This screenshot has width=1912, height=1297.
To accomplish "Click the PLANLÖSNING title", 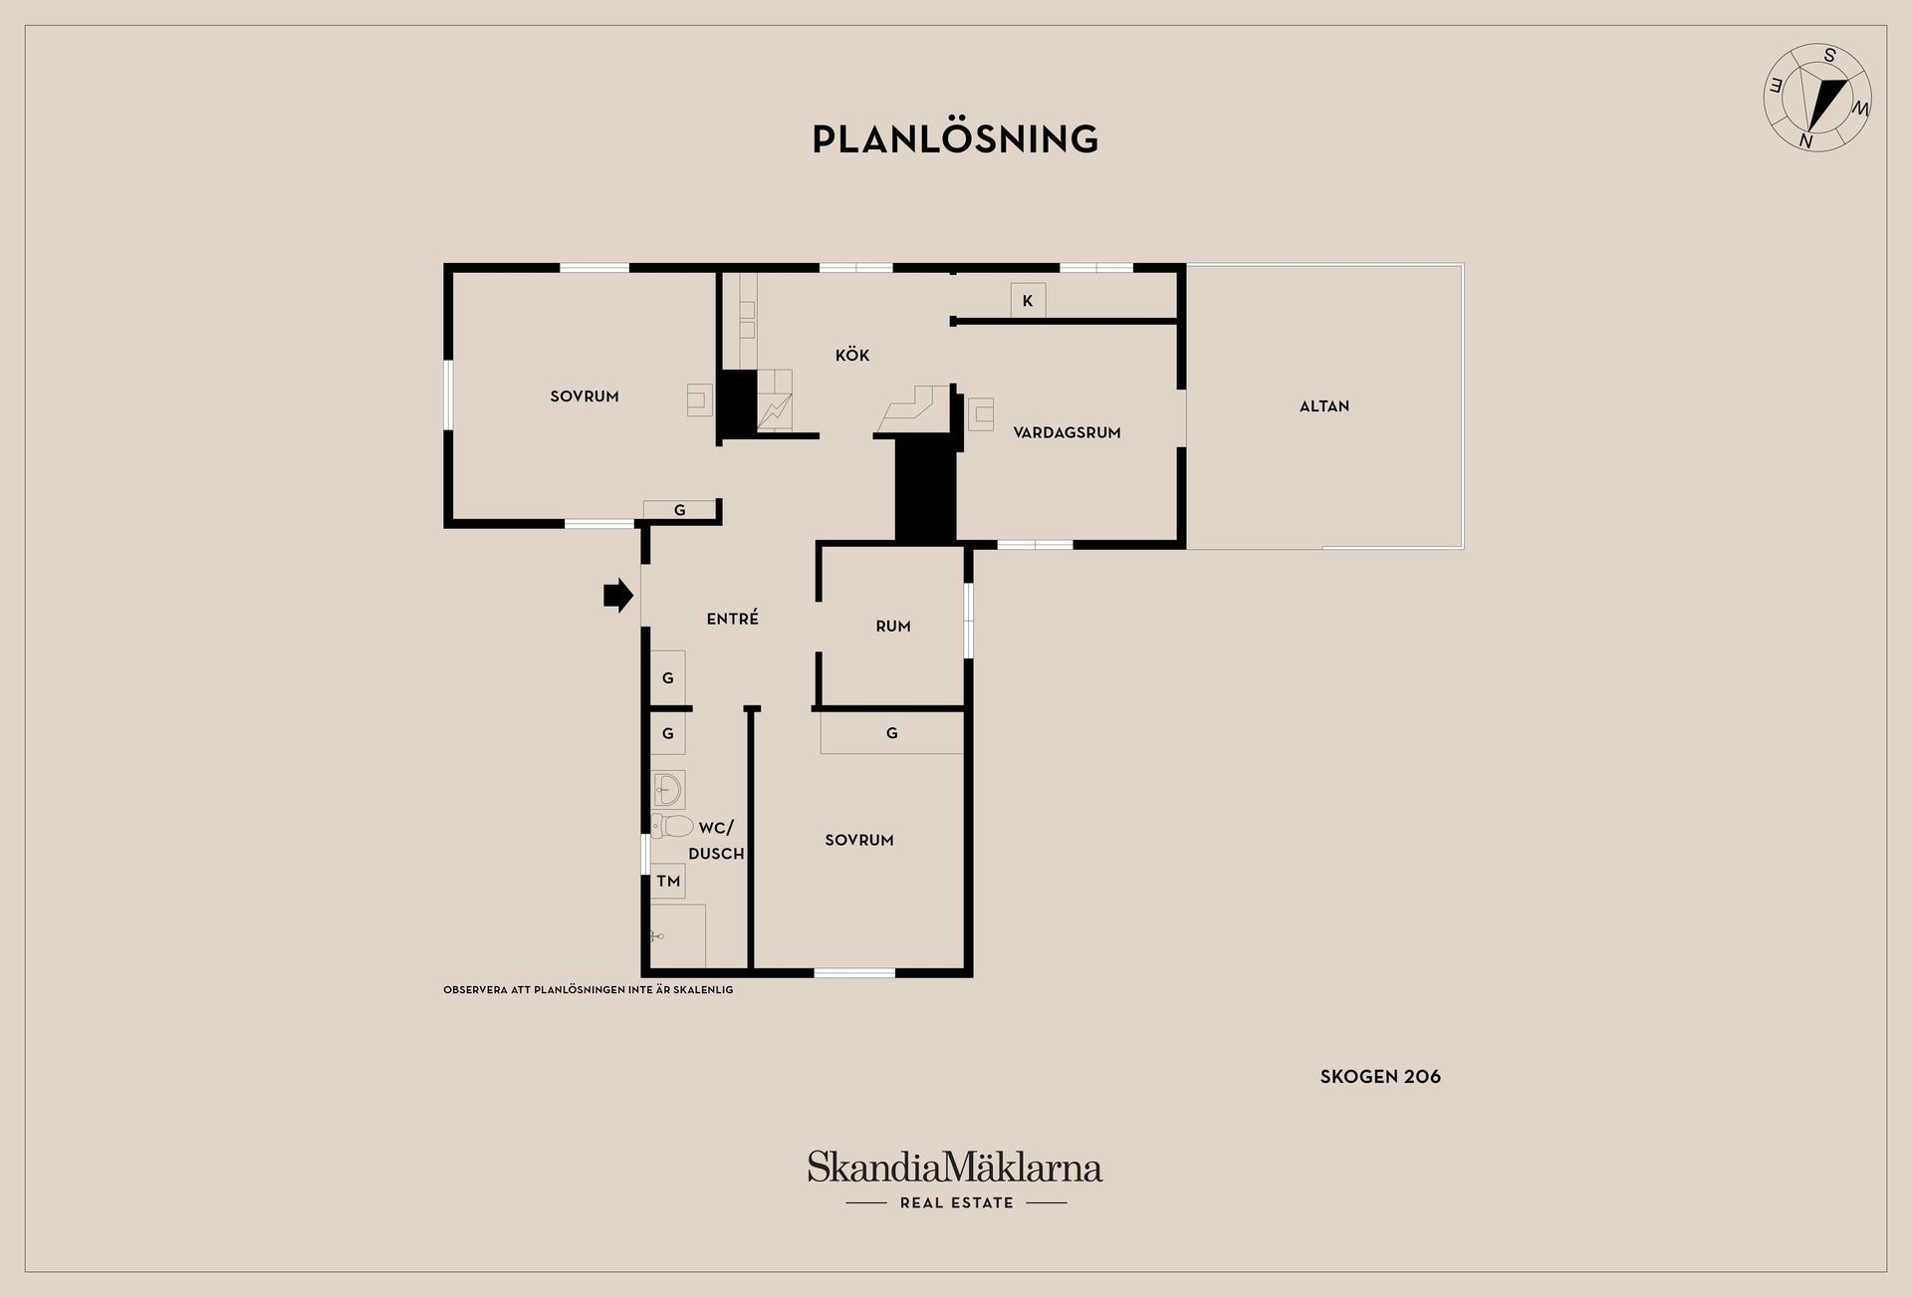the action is click(x=955, y=138).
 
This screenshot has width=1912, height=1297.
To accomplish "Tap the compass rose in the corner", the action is click(x=1817, y=98).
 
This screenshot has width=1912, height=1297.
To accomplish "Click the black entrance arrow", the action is click(x=618, y=596).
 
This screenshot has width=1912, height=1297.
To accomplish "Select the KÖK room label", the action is click(x=852, y=355).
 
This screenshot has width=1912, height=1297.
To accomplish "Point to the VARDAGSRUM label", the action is click(x=1067, y=432).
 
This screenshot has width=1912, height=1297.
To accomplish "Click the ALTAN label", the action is click(x=1324, y=405).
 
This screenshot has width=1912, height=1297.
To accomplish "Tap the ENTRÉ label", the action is click(x=733, y=619).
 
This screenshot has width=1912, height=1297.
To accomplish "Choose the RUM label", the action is click(x=893, y=626).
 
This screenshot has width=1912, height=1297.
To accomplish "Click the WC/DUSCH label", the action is click(x=716, y=841).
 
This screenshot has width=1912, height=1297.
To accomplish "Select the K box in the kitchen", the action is click(x=1028, y=301).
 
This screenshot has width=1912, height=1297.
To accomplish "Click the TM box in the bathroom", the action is click(x=668, y=881).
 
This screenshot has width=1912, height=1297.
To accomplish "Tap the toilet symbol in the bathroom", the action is click(x=672, y=826).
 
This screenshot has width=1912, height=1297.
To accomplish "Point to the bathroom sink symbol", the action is click(x=668, y=789).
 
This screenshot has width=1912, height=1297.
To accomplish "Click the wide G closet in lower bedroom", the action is click(x=892, y=733).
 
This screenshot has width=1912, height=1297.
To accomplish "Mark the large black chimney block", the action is click(x=926, y=492).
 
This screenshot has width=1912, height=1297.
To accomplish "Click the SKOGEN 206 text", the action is click(x=1380, y=1076).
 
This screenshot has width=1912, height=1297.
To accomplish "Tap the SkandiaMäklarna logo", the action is click(x=955, y=1167).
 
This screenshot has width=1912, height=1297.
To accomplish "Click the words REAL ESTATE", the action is click(x=956, y=1202).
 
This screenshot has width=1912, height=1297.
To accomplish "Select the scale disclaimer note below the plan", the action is click(x=588, y=990).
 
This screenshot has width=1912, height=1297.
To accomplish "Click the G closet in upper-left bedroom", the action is click(x=680, y=510).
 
